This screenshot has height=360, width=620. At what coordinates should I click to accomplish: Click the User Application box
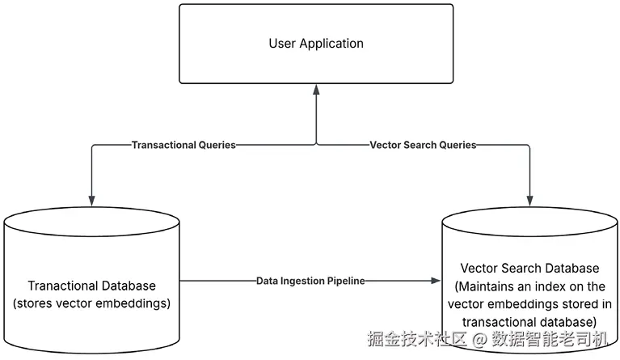(316, 44)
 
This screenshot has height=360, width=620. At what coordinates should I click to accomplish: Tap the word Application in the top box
(331, 44)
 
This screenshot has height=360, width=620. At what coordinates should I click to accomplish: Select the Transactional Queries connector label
(183, 146)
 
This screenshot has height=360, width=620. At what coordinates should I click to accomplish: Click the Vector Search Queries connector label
(423, 146)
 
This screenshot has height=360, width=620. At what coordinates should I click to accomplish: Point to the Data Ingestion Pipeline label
(311, 281)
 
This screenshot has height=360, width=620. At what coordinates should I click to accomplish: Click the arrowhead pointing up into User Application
(316, 89)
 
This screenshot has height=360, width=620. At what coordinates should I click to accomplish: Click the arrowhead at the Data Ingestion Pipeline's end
(437, 281)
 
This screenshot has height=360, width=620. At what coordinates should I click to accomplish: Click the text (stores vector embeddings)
(92, 303)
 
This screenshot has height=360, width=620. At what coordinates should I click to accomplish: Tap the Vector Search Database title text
(529, 268)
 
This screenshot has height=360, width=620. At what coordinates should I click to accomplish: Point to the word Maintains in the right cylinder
(487, 286)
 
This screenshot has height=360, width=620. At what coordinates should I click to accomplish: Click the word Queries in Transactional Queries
(217, 146)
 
